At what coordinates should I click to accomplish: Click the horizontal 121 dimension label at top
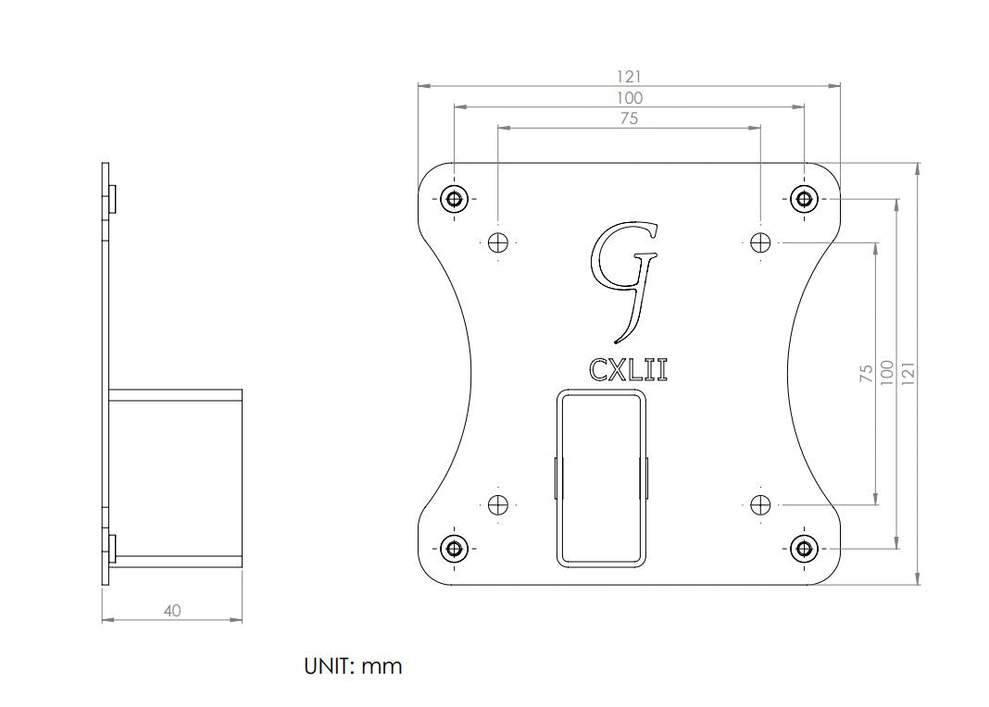tap(629, 77)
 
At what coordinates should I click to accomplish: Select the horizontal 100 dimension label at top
tap(630, 98)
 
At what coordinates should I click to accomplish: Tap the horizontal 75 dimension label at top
tap(629, 118)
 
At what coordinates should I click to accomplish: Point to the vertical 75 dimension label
tap(867, 373)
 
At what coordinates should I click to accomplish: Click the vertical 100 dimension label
tap(887, 373)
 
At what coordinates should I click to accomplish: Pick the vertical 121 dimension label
tap(908, 373)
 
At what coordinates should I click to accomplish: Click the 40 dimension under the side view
tap(172, 611)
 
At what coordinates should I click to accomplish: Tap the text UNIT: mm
tap(353, 666)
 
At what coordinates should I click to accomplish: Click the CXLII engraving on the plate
tap(628, 370)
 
